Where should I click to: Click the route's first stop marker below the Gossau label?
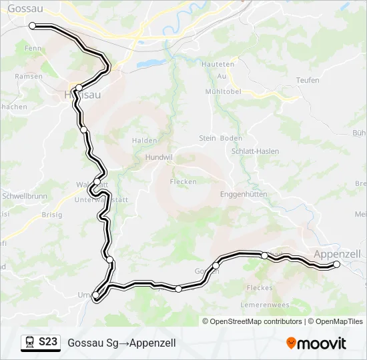click(32, 25)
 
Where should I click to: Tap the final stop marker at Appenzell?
click(336, 265)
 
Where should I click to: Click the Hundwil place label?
click(159, 158)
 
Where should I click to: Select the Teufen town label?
click(307, 80)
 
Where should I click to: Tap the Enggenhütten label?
click(244, 194)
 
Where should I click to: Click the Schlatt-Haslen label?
click(255, 151)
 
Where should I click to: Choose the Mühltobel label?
click(222, 91)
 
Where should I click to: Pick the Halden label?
click(144, 141)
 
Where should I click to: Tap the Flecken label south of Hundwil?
click(183, 181)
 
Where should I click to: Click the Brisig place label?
click(51, 215)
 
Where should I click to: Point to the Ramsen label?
click(29, 77)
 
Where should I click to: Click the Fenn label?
click(32, 49)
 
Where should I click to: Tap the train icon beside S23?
click(29, 342)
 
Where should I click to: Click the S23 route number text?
click(48, 342)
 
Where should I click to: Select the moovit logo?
click(316, 343)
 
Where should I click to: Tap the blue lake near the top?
click(149, 63)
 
